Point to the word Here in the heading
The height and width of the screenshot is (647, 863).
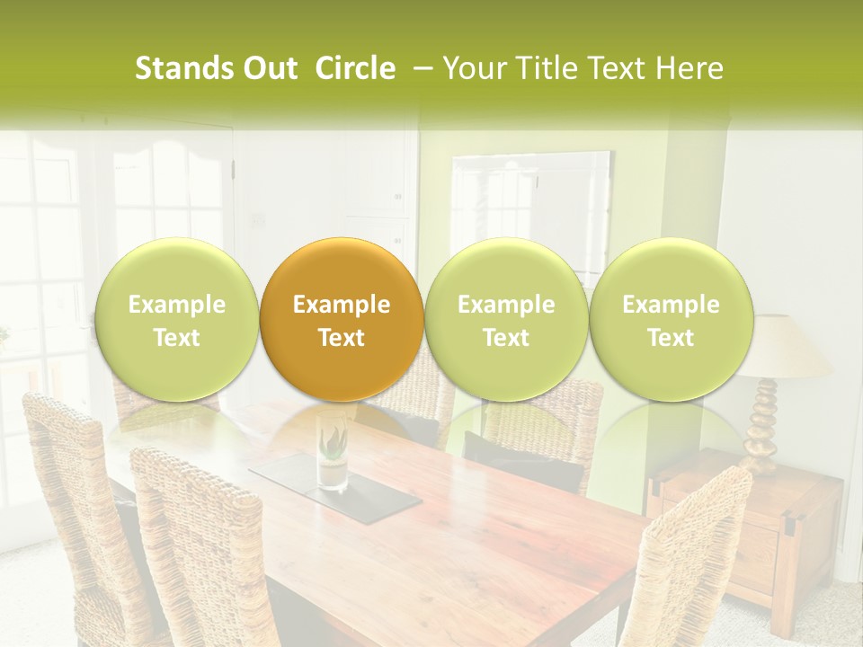[690, 68]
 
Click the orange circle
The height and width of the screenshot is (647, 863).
[342, 320]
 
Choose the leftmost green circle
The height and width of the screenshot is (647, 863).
[176, 320]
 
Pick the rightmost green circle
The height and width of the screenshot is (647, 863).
[671, 320]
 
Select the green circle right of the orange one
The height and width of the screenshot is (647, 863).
[506, 320]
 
